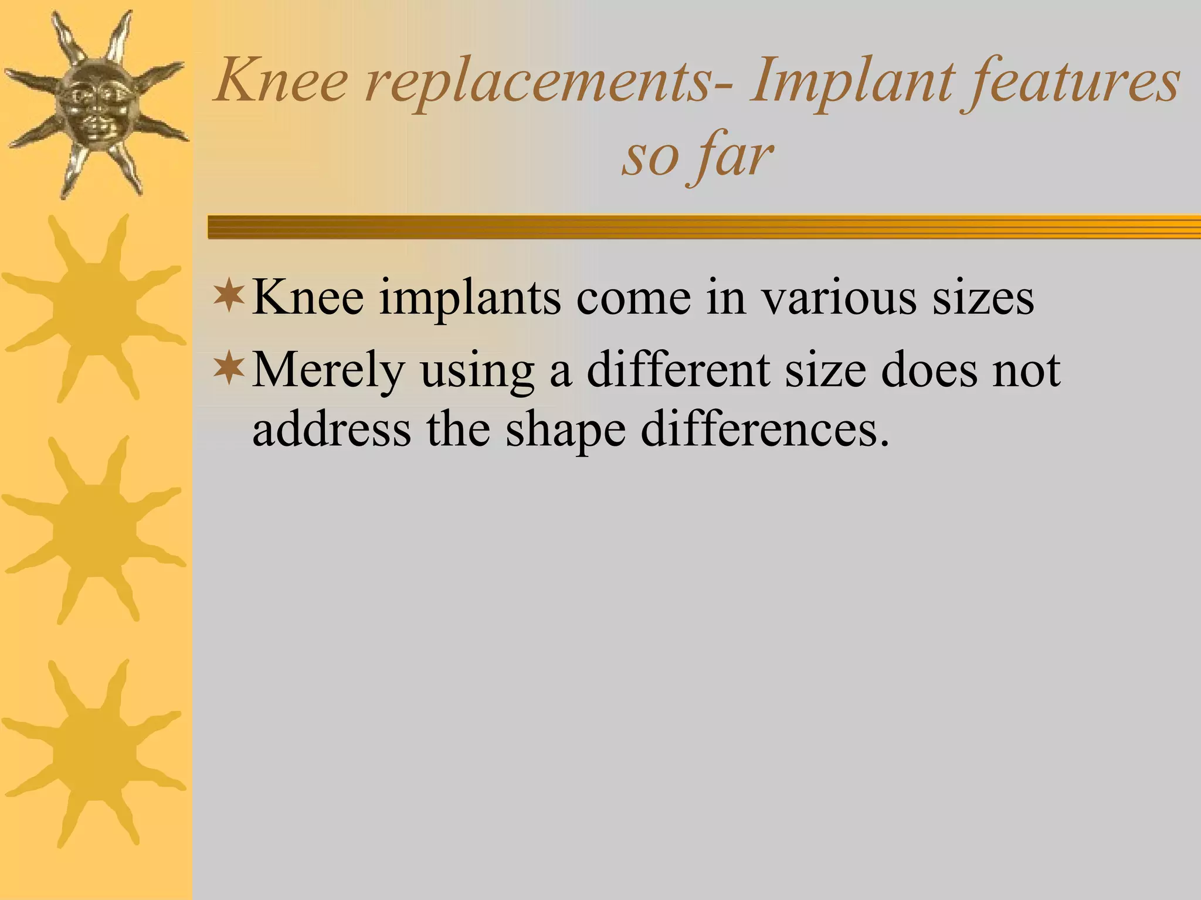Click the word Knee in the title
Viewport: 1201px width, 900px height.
point(281,82)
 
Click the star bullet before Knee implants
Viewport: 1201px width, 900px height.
point(229,296)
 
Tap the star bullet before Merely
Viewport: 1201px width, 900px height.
point(229,369)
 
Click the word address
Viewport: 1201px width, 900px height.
point(331,430)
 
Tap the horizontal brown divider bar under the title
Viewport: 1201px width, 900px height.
point(704,227)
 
